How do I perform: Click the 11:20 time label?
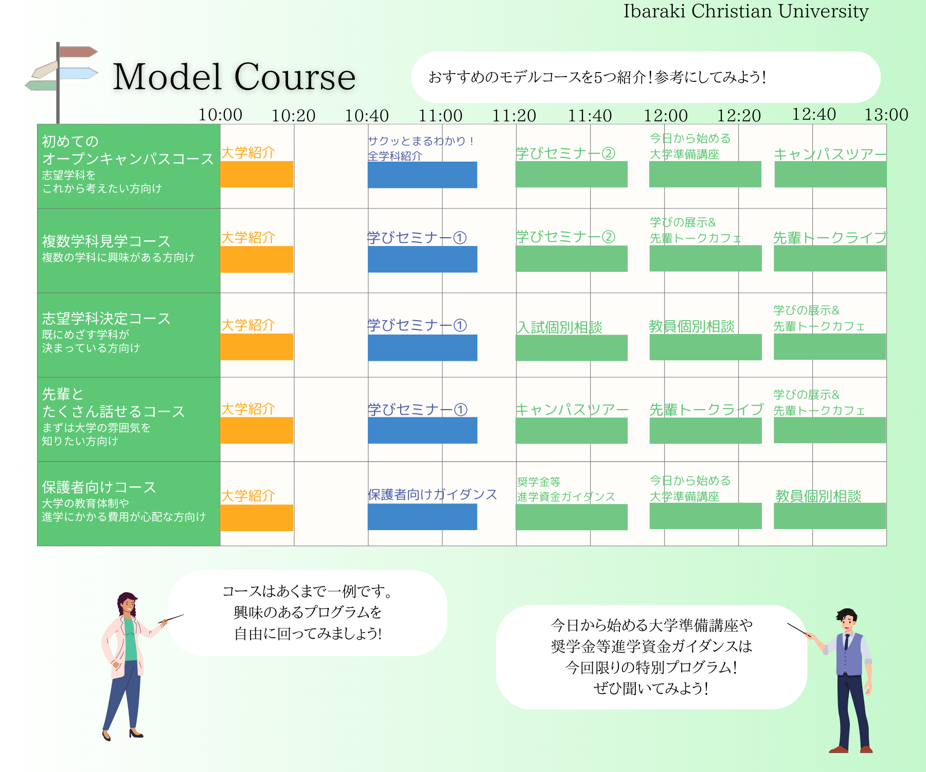point(514,115)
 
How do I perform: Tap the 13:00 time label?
point(886,114)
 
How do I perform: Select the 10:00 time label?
point(220,114)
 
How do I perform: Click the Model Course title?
point(234,77)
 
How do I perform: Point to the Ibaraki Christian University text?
point(746,11)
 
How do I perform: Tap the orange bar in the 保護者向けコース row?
point(257,517)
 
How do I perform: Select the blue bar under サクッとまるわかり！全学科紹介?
point(422,175)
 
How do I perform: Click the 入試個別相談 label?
point(559,327)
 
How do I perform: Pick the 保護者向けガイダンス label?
point(432,495)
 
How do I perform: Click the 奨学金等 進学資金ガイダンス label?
point(566,489)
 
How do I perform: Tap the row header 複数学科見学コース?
point(106,241)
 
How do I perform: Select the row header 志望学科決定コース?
point(106,319)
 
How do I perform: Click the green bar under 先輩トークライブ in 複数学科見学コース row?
point(830,258)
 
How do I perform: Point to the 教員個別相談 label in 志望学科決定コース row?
point(691,326)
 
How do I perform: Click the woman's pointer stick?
point(172,619)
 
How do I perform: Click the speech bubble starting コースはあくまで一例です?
point(308,613)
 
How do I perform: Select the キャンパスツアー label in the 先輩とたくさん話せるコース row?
point(572,410)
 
